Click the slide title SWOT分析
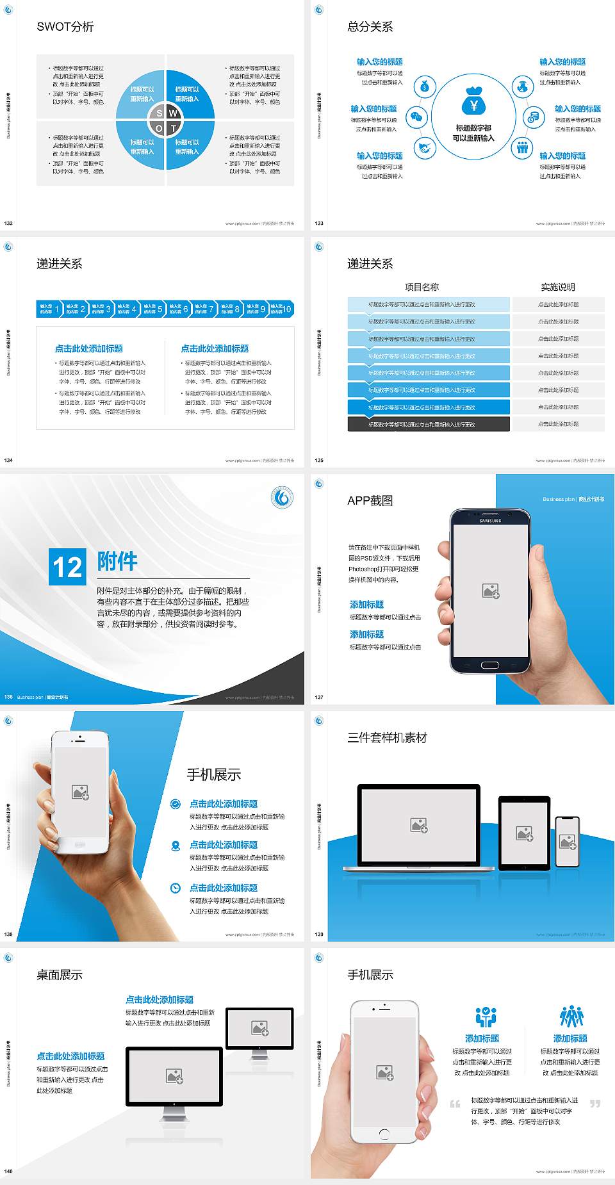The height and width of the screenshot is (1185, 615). click(x=65, y=27)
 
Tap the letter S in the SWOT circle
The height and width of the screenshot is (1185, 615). click(x=160, y=113)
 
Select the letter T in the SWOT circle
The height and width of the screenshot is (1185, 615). click(x=173, y=128)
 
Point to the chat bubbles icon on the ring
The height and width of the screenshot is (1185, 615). click(x=416, y=117)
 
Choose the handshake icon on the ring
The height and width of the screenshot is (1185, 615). click(x=424, y=148)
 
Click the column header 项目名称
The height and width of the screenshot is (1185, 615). click(x=422, y=287)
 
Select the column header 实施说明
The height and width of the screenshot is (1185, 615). click(x=558, y=287)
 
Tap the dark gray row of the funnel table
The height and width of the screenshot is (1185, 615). click(x=428, y=424)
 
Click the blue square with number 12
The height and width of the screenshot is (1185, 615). click(x=67, y=567)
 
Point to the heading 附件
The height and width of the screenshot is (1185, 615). click(x=117, y=561)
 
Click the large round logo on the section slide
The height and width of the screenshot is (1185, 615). click(x=282, y=498)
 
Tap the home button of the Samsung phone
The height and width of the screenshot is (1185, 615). click(x=489, y=665)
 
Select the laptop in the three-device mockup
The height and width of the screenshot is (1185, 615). click(x=418, y=828)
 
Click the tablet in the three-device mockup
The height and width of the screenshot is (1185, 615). click(x=524, y=833)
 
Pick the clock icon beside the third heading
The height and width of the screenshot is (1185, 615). click(x=176, y=888)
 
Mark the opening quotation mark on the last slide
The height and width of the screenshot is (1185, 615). click(x=455, y=1104)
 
